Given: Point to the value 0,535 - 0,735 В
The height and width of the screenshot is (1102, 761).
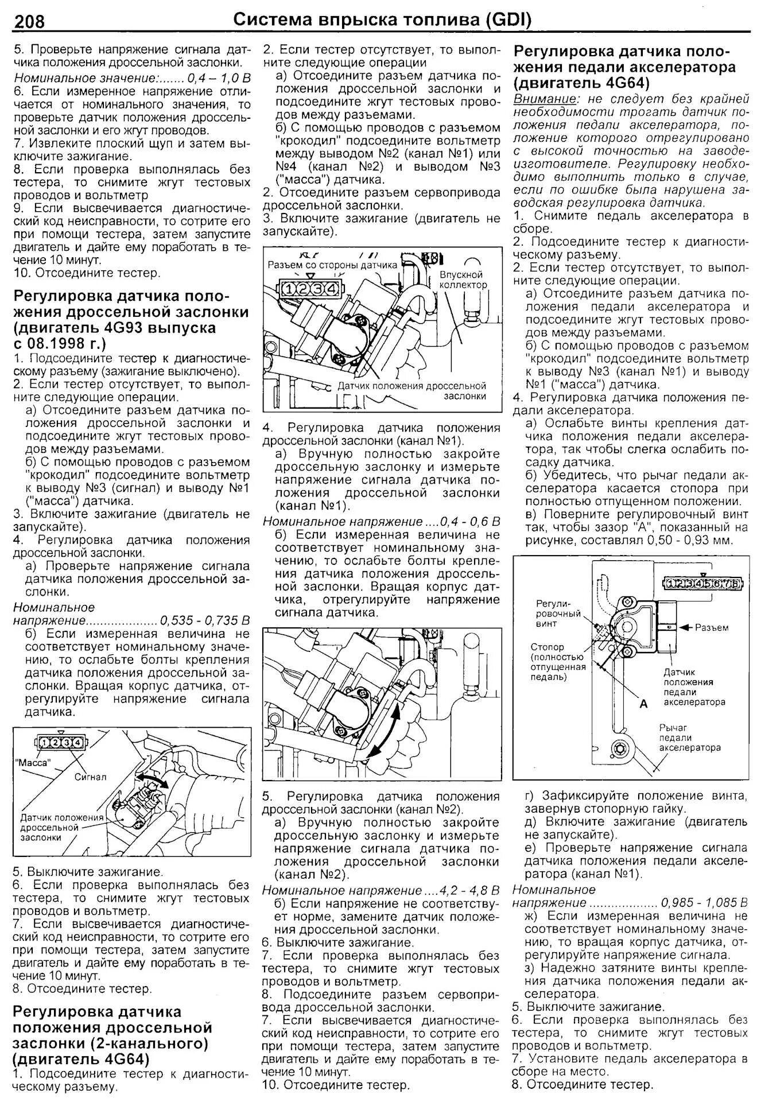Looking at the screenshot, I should (205, 620).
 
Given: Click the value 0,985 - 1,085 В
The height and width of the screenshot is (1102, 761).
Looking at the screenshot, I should (705, 902).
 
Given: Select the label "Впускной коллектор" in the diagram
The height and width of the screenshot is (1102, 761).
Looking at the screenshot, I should (463, 280).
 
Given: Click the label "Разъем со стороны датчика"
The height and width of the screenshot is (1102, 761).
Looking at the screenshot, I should (332, 265).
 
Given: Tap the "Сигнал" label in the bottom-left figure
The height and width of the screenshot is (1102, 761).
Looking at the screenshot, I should (90, 777).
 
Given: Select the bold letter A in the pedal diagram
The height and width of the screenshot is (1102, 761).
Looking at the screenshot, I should (644, 704).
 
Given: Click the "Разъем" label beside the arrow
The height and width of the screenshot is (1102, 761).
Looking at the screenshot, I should (712, 627).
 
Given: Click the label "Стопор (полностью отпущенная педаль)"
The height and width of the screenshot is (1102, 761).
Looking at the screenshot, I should (557, 662).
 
